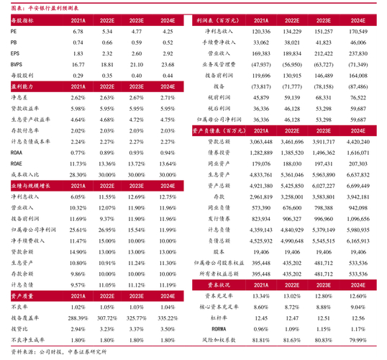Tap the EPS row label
click(x=17, y=54)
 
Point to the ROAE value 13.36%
click(x=108, y=164)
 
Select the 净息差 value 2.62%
click(x=78, y=96)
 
